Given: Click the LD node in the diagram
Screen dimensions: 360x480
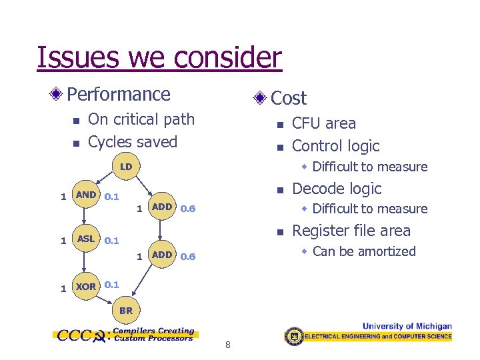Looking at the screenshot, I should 126,165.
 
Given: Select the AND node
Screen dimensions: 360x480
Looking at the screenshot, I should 86,195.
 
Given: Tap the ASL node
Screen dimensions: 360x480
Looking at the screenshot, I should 86,239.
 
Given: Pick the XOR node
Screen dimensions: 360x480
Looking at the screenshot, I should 86,287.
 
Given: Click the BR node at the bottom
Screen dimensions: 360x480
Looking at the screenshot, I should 126,310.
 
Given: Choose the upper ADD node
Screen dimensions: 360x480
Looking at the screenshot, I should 162,207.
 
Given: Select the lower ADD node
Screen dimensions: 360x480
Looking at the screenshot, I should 162,255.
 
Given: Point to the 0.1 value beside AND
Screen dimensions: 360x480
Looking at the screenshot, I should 112,197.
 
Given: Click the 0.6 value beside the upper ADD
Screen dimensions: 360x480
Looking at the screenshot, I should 188,209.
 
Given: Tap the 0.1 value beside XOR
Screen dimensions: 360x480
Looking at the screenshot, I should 112,285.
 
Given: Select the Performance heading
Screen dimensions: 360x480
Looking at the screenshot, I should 119,95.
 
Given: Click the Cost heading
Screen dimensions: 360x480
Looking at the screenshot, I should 289,99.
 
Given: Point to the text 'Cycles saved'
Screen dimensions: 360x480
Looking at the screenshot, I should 133,142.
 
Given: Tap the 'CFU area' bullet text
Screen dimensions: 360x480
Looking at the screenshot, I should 324,123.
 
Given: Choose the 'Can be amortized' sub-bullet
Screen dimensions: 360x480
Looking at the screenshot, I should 363,251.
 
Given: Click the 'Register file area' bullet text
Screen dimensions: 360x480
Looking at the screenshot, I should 351,231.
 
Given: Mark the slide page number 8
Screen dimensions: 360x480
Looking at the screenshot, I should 228,345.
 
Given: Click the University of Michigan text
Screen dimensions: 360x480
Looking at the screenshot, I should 407,327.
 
